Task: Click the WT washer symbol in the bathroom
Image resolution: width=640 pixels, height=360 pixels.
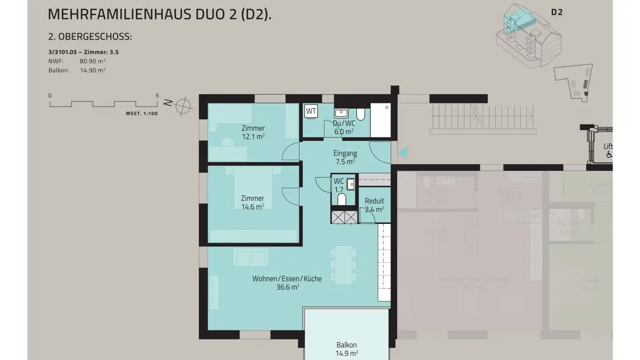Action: [x=311, y=111]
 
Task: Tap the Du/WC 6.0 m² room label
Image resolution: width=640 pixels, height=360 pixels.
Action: [x=344, y=128]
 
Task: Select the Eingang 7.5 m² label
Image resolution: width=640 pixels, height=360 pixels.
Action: [x=345, y=157]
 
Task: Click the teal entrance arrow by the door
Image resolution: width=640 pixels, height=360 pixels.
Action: [x=402, y=153]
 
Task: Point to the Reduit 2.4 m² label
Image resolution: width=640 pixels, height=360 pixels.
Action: [x=374, y=205]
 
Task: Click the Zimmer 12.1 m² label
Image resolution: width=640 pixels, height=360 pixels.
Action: [x=253, y=132]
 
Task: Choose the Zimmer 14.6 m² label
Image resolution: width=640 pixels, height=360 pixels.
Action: [x=252, y=202]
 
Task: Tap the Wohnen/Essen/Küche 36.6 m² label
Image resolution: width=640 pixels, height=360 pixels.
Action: [x=287, y=283]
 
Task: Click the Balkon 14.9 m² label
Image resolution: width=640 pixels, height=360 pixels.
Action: [x=347, y=349]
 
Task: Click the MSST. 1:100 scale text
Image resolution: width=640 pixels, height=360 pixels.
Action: [x=142, y=114]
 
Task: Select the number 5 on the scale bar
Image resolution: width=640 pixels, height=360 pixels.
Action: [x=157, y=96]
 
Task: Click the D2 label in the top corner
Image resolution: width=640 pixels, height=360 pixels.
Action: [x=557, y=12]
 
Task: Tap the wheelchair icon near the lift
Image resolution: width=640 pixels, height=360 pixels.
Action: [x=609, y=154]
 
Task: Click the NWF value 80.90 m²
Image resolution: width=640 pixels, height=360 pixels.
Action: [x=92, y=61]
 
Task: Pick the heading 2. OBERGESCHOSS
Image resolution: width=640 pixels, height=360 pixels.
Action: [x=90, y=37]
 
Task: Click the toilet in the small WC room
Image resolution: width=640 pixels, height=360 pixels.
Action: [x=342, y=200]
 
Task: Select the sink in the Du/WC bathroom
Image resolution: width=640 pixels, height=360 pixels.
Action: [x=341, y=113]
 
